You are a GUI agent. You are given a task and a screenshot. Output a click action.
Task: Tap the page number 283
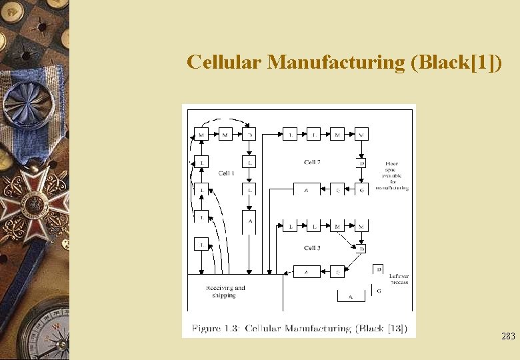tap(508, 337)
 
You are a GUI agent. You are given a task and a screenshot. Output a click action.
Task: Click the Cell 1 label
tap(227, 173)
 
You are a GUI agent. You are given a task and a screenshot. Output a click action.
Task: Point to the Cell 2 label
tap(312, 162)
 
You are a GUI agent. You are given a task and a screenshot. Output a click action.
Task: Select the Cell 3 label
tap(312, 248)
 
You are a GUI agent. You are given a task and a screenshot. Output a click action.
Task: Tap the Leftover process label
tap(399, 279)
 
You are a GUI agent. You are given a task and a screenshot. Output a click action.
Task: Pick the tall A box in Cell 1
tap(249, 222)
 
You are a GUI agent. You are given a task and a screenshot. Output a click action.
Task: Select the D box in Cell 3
tap(362, 249)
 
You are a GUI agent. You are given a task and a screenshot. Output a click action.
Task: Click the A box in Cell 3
tap(307, 272)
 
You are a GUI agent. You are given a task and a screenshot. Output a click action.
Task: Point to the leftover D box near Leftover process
tap(378, 269)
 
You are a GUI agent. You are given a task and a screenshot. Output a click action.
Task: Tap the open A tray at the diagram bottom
tap(351, 296)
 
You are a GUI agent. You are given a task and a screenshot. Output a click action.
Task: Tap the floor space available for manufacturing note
tap(391, 176)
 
